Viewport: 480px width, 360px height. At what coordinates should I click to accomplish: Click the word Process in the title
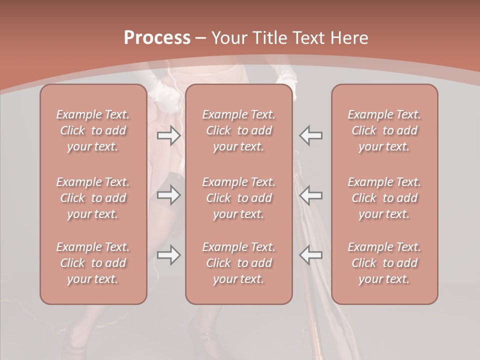(157, 38)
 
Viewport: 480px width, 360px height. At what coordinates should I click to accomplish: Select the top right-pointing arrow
(168, 135)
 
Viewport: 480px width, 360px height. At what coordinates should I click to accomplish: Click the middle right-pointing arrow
(168, 195)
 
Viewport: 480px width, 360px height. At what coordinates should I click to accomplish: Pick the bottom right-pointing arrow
(168, 255)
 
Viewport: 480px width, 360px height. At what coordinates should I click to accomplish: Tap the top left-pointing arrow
(311, 135)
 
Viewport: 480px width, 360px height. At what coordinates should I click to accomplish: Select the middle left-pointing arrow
(311, 195)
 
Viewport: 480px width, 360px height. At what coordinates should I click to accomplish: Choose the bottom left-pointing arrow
(311, 255)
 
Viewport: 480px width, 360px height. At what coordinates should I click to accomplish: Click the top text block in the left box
(93, 130)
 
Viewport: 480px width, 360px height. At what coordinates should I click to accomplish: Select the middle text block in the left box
(93, 198)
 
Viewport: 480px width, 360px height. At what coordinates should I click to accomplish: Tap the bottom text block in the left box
(93, 263)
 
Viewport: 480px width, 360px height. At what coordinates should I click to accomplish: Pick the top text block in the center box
(239, 130)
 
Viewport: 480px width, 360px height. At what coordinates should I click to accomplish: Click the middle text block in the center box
(239, 198)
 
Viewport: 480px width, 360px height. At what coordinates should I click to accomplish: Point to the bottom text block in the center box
(239, 263)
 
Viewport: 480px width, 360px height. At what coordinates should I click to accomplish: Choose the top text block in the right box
(384, 130)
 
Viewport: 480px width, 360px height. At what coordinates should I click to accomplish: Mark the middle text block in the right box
(384, 198)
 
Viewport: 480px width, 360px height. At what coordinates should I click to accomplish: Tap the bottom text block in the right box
(384, 263)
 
